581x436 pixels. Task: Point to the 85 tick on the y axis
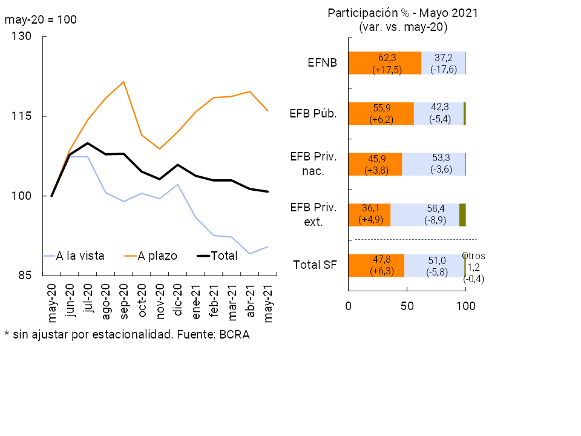[24, 276]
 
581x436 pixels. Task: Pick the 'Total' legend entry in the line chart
[223, 256]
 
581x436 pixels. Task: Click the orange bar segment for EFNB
[385, 63]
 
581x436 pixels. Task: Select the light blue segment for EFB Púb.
[439, 113]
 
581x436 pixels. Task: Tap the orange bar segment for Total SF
[376, 265]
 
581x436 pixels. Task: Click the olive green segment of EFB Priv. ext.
[462, 214]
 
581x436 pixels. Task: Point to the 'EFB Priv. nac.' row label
[313, 163]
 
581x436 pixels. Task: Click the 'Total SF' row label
[315, 265]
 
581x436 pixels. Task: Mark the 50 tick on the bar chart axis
[407, 306]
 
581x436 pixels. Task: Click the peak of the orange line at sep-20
[123, 82]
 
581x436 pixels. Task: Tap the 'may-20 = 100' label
[41, 19]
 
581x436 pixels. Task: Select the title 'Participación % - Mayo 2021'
[403, 13]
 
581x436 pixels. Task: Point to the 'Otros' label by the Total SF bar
[474, 256]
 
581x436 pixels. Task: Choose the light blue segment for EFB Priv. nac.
[433, 164]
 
